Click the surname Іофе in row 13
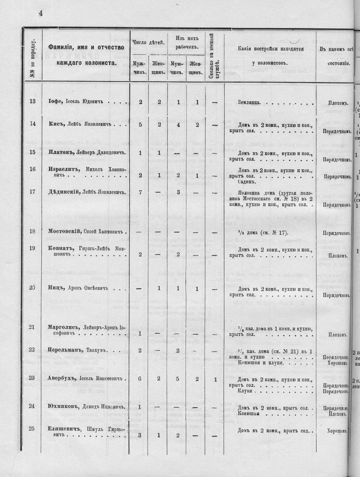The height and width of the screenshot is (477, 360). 56,102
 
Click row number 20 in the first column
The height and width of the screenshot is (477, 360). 32,288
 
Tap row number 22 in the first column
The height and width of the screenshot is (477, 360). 32,350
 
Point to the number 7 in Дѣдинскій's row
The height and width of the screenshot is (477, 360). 140,192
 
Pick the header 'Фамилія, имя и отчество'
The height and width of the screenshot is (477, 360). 86,47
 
